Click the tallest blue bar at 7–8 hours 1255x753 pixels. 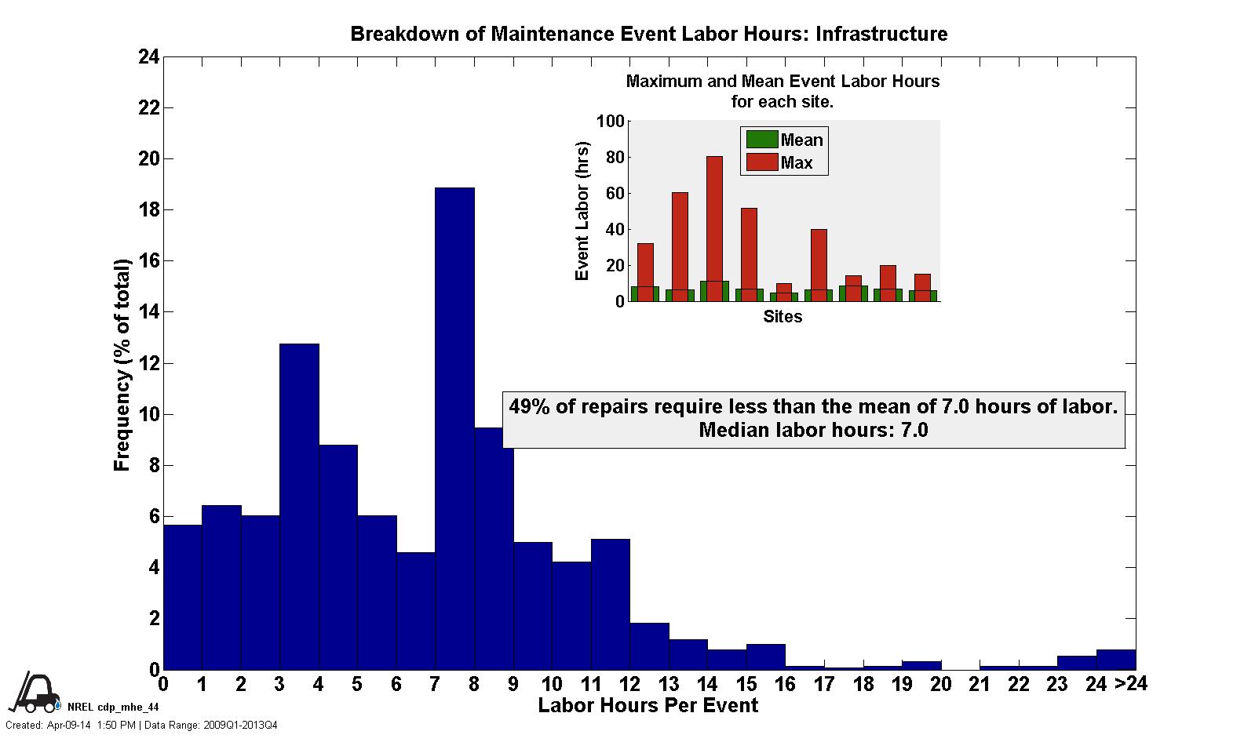point(454,427)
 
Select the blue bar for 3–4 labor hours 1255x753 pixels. point(299,506)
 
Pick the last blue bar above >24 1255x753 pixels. point(1115,660)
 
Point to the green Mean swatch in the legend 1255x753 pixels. point(761,140)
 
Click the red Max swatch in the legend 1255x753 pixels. point(761,163)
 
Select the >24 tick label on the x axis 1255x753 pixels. point(1130,685)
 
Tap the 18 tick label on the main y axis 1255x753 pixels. point(149,210)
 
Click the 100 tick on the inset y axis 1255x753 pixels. point(610,122)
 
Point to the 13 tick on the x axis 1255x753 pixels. point(668,685)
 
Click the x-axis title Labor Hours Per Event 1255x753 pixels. point(648,706)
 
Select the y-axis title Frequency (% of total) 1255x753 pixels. point(122,365)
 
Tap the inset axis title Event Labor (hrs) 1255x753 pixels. point(582,211)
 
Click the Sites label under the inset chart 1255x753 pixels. point(783,317)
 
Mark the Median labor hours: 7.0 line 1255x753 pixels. point(813,430)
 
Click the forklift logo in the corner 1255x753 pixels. point(33,693)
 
